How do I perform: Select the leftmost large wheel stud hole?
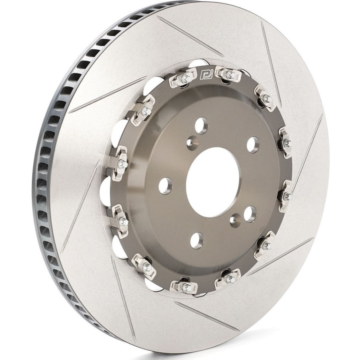click(165, 185)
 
